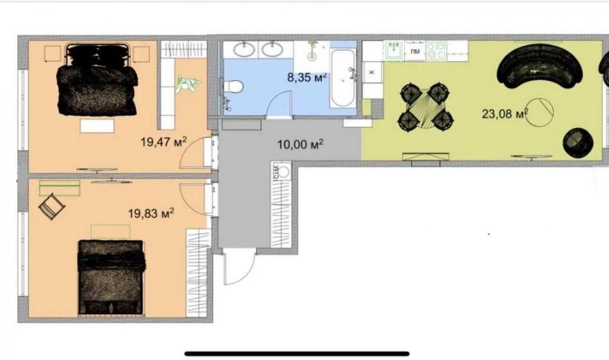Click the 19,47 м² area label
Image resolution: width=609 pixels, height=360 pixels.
coord(163,141)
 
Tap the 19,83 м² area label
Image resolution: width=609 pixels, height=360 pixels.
coord(151,213)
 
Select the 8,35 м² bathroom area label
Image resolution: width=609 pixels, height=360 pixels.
coord(307,77)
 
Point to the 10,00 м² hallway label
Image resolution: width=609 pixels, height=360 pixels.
coord(300,144)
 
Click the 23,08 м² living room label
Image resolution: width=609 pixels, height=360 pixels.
coord(505,113)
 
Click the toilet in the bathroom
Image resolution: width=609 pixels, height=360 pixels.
coord(233,86)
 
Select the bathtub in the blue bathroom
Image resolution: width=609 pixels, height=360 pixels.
coord(343,79)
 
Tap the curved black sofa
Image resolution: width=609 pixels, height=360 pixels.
coord(540,67)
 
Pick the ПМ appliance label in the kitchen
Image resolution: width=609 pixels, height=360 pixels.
coord(415,51)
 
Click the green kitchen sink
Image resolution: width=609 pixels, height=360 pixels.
coord(395,51)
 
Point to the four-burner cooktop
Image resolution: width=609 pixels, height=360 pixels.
coord(437,51)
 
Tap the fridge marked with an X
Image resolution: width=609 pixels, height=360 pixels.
coord(371,72)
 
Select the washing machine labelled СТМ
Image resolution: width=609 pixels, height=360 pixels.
coord(282,171)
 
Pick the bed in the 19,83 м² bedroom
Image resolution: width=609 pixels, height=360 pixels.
coord(111,277)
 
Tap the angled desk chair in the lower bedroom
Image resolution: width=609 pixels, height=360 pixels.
coord(52,206)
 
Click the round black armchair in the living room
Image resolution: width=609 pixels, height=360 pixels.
coord(579,143)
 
